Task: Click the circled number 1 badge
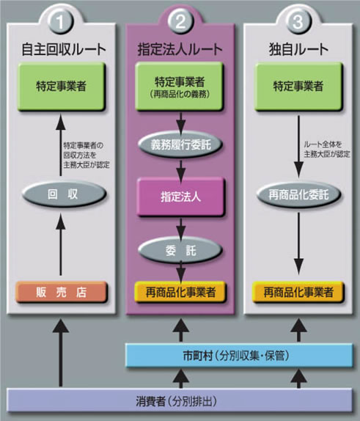click(x=61, y=21)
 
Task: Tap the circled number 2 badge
click(x=180, y=21)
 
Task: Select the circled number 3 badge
click(x=298, y=21)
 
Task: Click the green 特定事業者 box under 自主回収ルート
click(x=62, y=86)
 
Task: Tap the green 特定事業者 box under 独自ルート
click(x=298, y=86)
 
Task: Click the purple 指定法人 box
click(x=180, y=197)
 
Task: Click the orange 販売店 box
click(x=62, y=291)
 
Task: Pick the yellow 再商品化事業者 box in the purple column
click(x=180, y=291)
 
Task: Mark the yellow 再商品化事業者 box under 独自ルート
click(x=298, y=291)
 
